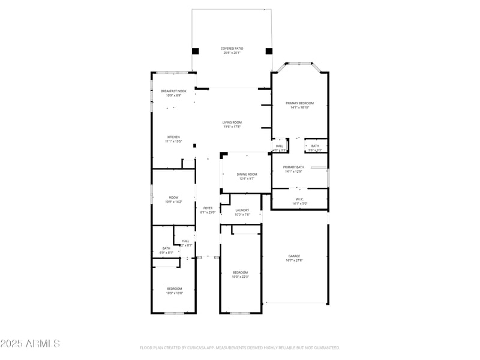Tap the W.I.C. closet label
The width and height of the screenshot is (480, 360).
(x=299, y=200)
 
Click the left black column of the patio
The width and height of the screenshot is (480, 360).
(x=195, y=51)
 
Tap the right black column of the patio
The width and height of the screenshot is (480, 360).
(x=268, y=51)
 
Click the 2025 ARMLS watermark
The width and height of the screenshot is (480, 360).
(x=30, y=344)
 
